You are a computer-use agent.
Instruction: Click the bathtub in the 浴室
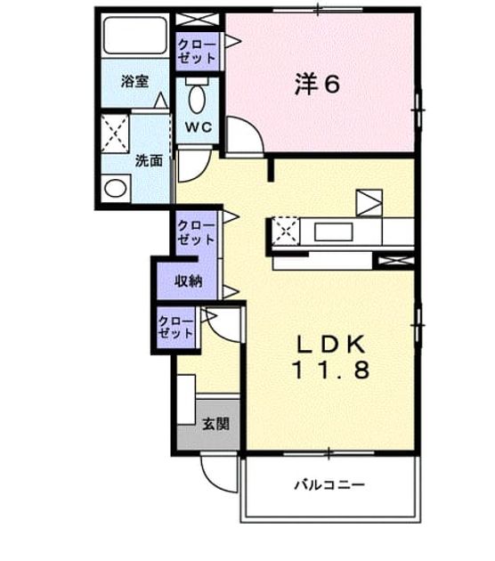tap(135, 36)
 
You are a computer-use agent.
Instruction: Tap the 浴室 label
tap(134, 82)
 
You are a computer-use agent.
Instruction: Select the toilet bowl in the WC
tap(197, 99)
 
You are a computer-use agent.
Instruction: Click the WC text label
tap(199, 126)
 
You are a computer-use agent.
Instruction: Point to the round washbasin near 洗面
tap(115, 188)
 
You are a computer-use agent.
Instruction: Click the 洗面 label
tap(149, 160)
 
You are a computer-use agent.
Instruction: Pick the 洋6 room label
tap(317, 85)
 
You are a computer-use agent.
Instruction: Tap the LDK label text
tap(331, 345)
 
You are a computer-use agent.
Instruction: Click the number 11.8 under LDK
tap(331, 370)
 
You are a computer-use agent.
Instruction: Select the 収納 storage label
tap(189, 281)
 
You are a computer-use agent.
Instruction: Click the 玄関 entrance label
tap(215, 425)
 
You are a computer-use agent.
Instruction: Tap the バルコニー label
tap(329, 485)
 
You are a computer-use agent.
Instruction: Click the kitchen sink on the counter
tap(333, 232)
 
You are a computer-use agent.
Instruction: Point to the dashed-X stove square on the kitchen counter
tap(285, 231)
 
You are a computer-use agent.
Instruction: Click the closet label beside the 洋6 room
tap(197, 52)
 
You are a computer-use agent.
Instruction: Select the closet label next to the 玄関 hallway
tap(176, 328)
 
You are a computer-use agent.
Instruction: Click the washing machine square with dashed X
tap(115, 134)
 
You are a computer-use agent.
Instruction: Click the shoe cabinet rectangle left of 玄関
tap(186, 400)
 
